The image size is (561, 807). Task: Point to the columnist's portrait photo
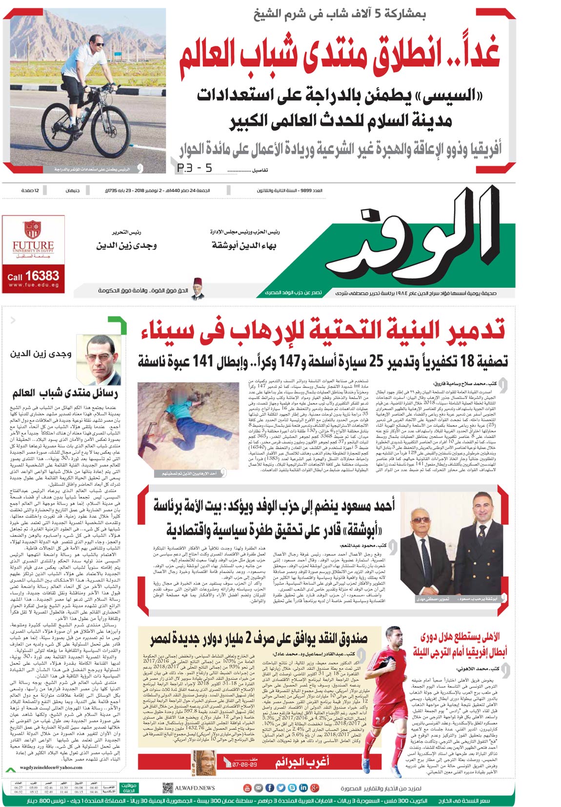(103, 360)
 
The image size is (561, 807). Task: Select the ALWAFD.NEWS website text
(195, 788)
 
